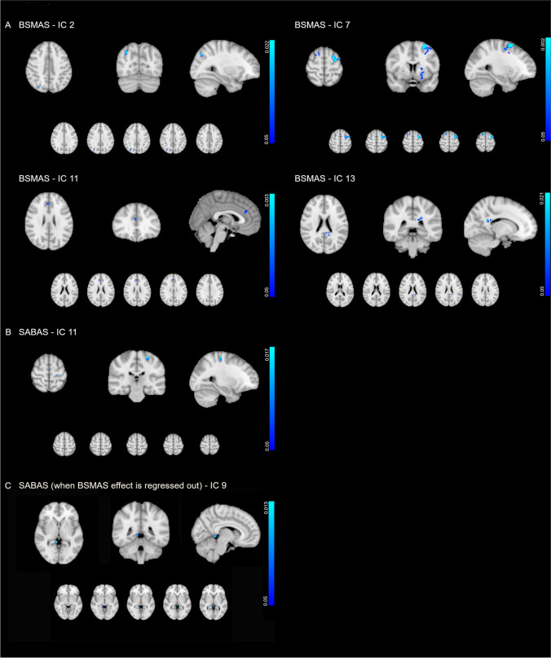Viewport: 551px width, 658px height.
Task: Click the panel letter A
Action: (8, 24)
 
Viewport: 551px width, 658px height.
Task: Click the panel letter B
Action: (8, 332)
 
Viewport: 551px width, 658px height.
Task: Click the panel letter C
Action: (8, 486)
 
